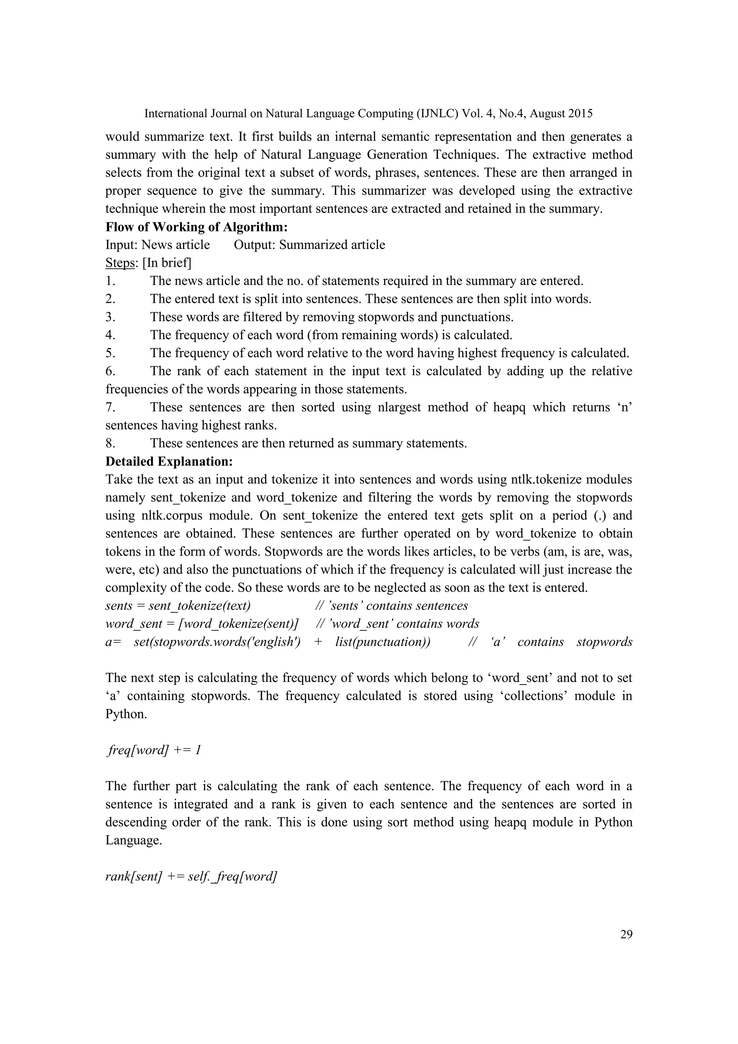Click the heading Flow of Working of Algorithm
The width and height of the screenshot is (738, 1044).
196,226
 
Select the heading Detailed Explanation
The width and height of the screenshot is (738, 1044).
169,461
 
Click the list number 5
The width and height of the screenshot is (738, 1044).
110,353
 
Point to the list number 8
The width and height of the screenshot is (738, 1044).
110,443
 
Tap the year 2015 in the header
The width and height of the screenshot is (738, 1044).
580,114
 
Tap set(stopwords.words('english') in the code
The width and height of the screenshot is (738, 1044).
217,642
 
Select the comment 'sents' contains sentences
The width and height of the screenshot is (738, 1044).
392,606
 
